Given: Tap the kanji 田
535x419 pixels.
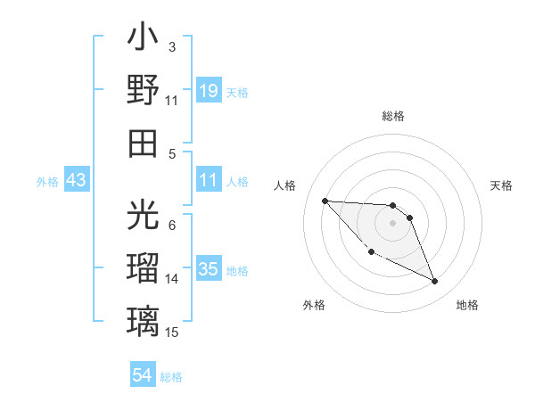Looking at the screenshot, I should coord(144,142).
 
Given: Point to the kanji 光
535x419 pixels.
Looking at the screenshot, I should coord(144,216).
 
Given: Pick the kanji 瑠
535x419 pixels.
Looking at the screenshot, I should coord(144,267).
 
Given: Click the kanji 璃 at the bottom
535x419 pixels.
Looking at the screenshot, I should coord(144,319).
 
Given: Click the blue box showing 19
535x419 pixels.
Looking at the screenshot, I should coord(208,90).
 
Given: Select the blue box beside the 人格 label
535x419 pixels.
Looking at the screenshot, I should coord(208,180).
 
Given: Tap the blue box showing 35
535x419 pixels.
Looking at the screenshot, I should coord(208,268).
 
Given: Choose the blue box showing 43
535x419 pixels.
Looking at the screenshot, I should coord(77,180).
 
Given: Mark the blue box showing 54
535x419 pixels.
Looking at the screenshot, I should coord(143,375).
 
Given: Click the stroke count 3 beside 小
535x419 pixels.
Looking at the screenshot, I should coord(171,47).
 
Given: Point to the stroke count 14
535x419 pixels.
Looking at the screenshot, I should coord(172,279).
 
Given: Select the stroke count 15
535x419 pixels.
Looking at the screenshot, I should coord(172,333).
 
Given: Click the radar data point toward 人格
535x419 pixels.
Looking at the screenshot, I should coord(325,201).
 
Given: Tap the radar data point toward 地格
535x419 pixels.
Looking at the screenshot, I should coord(434,282).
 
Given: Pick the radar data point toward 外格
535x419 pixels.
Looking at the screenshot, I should coord(371,251).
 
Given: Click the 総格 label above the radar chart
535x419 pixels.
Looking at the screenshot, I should coord(393,116).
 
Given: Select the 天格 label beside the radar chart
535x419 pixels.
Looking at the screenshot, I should coord(501,185).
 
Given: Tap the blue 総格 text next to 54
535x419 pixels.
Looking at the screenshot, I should coord(171,377).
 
